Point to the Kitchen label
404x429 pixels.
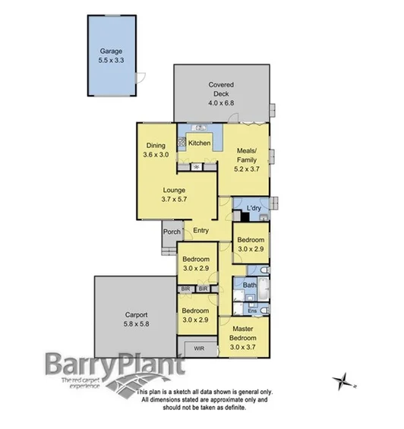[200, 143]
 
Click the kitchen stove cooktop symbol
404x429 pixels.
[182, 140]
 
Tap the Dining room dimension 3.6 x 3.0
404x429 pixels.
[156, 154]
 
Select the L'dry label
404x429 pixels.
[255, 207]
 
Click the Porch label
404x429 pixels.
[171, 233]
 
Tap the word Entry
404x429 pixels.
[201, 231]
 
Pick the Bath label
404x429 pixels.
[250, 285]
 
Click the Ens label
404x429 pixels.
[251, 311]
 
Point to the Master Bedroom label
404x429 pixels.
[245, 334]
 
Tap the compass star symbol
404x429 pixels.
[343, 379]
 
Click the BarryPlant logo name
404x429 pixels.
[115, 364]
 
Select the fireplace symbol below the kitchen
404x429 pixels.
[197, 166]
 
